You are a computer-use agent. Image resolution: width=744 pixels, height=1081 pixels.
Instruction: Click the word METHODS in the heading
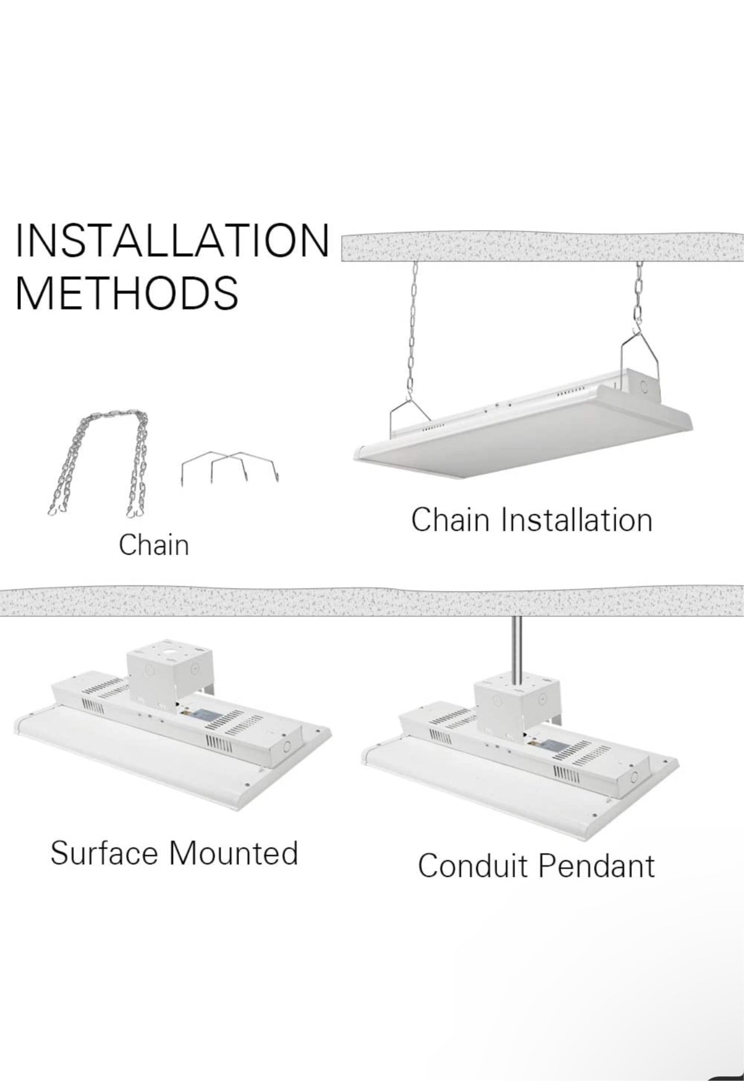(x=126, y=292)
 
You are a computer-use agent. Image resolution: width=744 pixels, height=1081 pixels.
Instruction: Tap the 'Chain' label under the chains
(x=154, y=545)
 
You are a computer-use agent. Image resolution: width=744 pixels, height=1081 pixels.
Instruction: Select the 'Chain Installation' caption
(x=531, y=519)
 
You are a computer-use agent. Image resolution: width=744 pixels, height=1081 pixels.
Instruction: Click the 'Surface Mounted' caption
(x=174, y=853)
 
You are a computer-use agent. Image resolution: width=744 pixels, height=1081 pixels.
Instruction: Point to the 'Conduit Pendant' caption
(x=536, y=865)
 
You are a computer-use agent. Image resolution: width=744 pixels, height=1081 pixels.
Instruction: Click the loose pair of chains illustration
(x=99, y=464)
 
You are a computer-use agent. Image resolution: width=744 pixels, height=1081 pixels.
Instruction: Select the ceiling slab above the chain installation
(x=542, y=247)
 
